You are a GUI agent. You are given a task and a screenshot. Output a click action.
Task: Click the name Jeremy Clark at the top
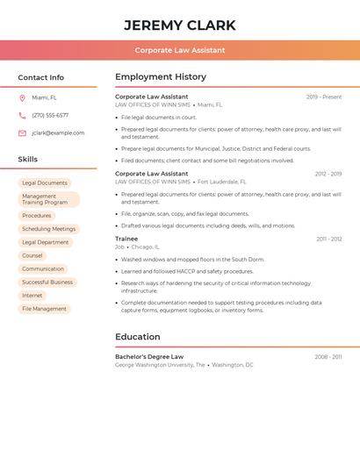pyautogui.click(x=179, y=25)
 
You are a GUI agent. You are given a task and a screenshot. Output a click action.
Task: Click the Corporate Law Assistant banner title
pyautogui.click(x=180, y=50)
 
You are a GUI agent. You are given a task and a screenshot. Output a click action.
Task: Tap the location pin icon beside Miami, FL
pyautogui.click(x=22, y=98)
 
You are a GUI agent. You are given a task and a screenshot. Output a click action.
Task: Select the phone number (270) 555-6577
pyautogui.click(x=50, y=115)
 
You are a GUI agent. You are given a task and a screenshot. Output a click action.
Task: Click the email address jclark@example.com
pyautogui.click(x=58, y=132)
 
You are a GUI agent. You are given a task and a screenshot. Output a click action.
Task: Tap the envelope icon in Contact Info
pyautogui.click(x=22, y=132)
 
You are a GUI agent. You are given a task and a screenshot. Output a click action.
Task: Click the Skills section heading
pyautogui.click(x=28, y=160)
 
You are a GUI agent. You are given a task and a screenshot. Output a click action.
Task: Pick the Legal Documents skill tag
pyautogui.click(x=45, y=183)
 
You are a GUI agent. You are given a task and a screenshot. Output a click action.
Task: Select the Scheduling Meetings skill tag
pyautogui.click(x=49, y=229)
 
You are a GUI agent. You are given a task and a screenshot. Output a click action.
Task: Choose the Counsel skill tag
pyautogui.click(x=32, y=255)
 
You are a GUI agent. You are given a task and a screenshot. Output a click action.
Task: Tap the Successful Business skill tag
pyautogui.click(x=47, y=283)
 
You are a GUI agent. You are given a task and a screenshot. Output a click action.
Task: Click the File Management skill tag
pyautogui.click(x=44, y=309)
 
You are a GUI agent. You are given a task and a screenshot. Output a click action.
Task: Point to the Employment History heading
pyautogui.click(x=161, y=77)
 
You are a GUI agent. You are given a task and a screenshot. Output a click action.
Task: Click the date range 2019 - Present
pyautogui.click(x=324, y=97)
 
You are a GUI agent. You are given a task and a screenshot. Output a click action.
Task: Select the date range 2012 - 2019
pyautogui.click(x=328, y=174)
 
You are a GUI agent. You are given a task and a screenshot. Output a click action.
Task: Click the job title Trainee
pyautogui.click(x=126, y=239)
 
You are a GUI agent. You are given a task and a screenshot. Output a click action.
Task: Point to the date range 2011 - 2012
pyautogui.click(x=329, y=239)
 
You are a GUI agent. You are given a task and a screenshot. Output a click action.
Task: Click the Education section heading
pyautogui.click(x=138, y=337)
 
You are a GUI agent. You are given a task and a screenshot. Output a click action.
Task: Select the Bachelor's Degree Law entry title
pyautogui.click(x=149, y=357)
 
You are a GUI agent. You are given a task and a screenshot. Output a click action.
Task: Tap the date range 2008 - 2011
pyautogui.click(x=328, y=357)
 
